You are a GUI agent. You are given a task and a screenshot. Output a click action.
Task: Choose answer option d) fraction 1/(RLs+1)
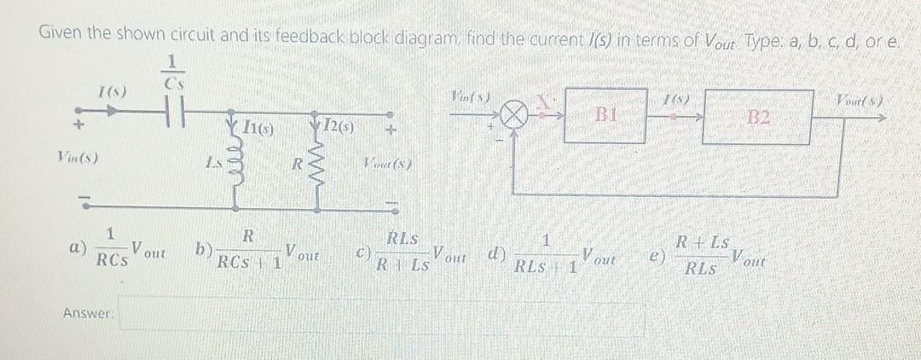pyautogui.click(x=546, y=253)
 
